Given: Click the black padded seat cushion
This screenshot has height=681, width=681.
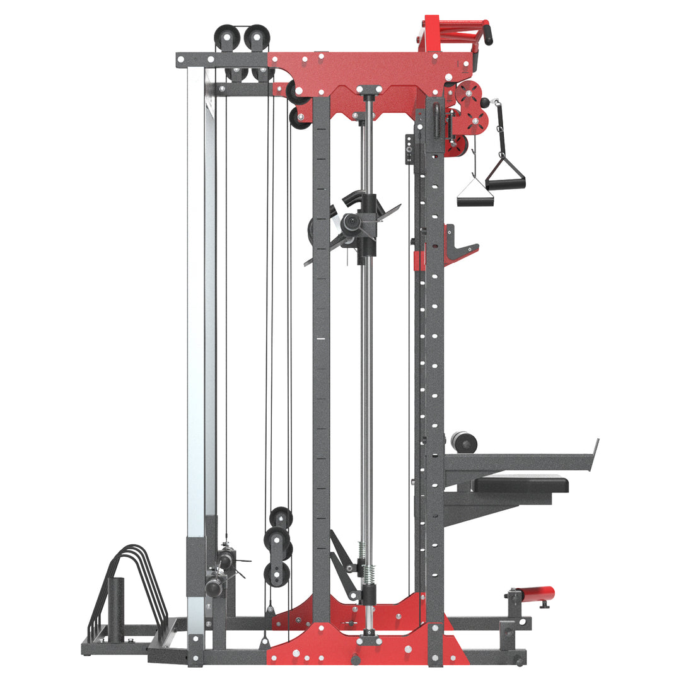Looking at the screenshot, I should point(521,484).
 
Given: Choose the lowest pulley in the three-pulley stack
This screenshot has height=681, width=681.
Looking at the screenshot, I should point(276,574).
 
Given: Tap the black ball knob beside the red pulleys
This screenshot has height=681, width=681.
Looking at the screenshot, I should point(484,102).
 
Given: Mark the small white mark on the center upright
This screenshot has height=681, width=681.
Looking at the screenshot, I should point(321,339).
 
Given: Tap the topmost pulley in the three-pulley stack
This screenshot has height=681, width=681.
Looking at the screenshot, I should point(281,518).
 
